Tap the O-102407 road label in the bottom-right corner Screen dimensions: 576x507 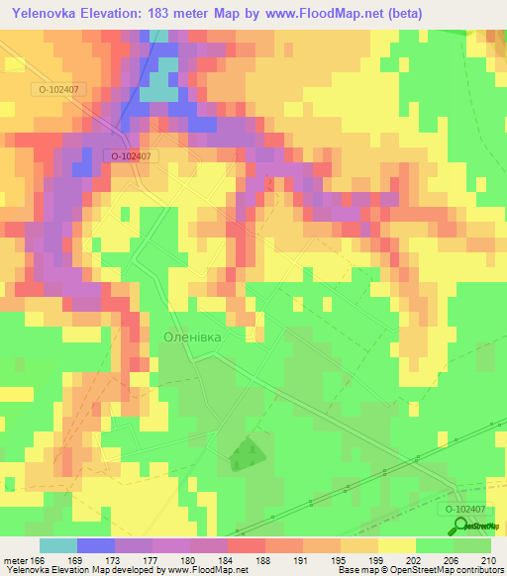coord(462,509)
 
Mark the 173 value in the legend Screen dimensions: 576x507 coord(114,559)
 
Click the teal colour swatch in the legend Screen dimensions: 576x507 coord(58,545)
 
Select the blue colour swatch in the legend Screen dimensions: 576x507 coord(96,545)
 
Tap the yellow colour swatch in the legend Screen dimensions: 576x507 coord(397,545)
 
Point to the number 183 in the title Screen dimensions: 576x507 coord(181,14)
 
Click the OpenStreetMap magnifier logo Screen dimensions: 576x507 coord(460,526)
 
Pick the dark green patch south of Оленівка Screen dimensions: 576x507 coord(244,454)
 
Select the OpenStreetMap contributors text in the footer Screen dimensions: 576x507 coord(449,570)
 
